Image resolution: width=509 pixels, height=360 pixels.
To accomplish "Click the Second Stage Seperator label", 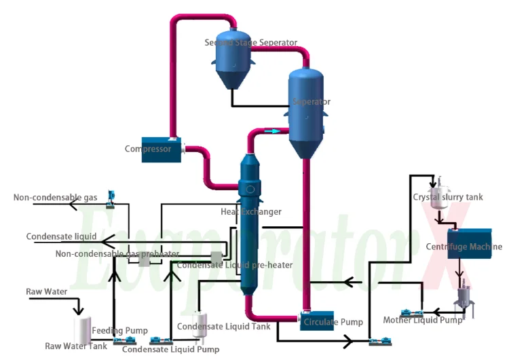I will tap(251, 43).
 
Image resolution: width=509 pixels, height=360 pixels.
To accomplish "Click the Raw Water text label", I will tap(47, 292).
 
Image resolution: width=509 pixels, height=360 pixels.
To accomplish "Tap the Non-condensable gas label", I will tap(56, 198).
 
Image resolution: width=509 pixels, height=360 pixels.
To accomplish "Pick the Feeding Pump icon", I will tap(124, 340).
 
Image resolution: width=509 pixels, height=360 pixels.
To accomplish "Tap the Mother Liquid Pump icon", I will tap(410, 313).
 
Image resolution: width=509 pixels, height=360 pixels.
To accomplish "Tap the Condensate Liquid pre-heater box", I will tap(216, 257).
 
